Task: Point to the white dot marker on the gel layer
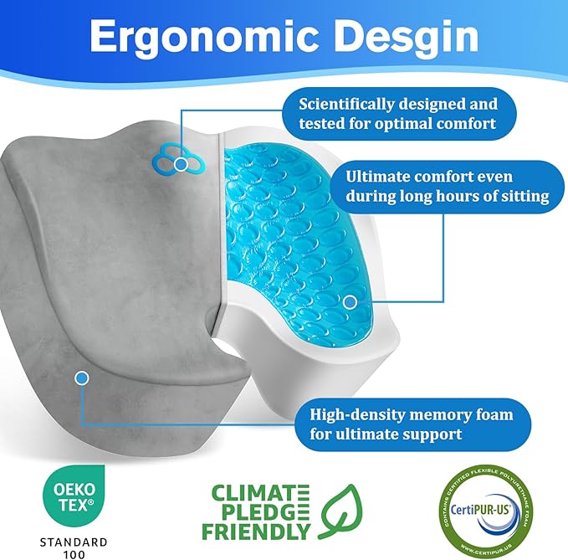tap(351, 301)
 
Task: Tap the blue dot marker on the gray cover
tap(81, 378)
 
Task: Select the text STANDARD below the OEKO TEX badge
tap(73, 539)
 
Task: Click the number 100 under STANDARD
tap(73, 553)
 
